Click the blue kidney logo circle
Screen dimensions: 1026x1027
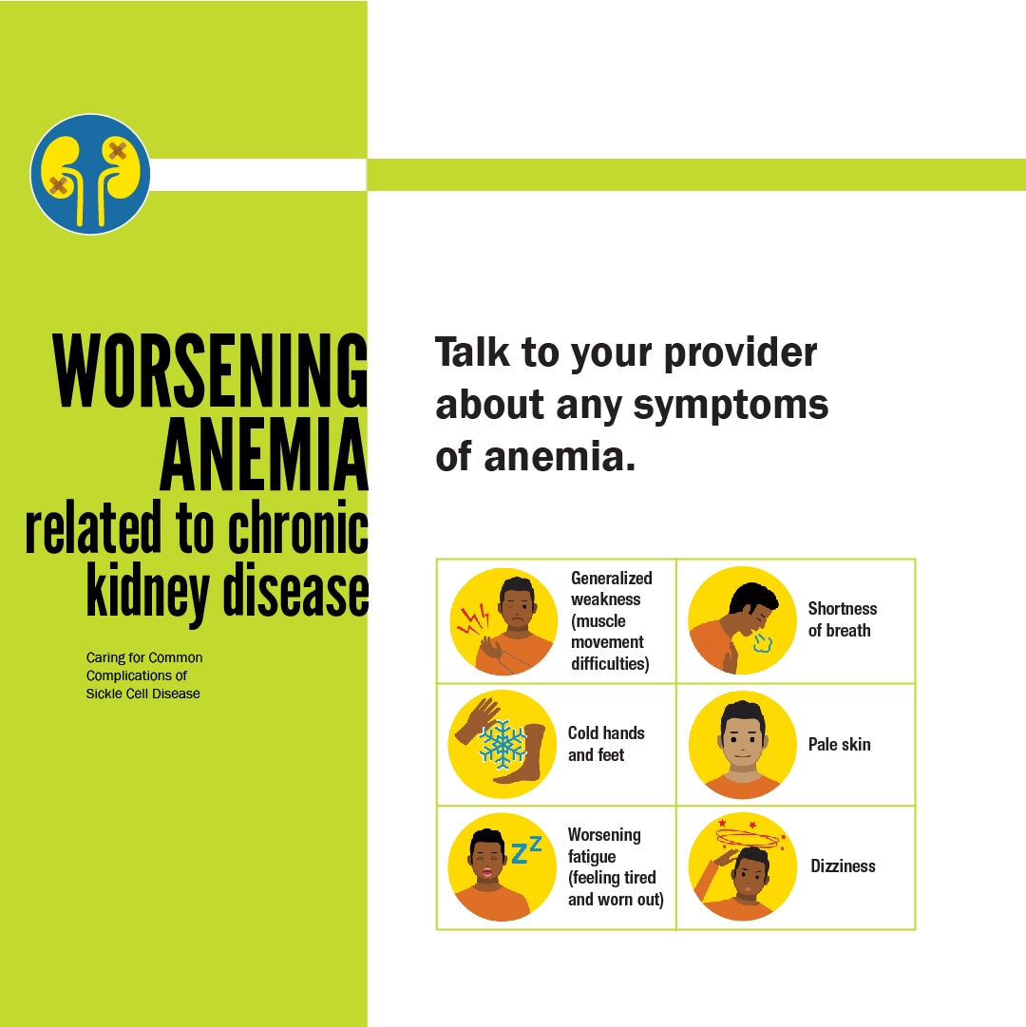(x=90, y=174)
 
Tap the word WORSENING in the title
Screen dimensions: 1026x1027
(x=210, y=371)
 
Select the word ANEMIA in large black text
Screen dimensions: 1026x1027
(x=264, y=454)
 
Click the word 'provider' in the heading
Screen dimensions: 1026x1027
(x=741, y=354)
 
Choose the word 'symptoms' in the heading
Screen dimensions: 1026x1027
(x=731, y=407)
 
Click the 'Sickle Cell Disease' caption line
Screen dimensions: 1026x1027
(x=142, y=694)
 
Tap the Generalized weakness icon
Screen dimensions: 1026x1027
(x=503, y=621)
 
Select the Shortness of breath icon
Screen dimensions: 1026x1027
(x=742, y=620)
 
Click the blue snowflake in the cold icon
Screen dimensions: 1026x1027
(x=503, y=744)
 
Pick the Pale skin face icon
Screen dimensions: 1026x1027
(x=743, y=745)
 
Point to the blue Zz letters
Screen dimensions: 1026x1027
(x=526, y=850)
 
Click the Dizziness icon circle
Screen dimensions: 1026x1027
(x=743, y=866)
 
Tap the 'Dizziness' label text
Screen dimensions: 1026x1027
(x=843, y=865)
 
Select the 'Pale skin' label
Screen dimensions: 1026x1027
(x=840, y=744)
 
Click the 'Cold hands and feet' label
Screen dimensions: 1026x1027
(x=606, y=743)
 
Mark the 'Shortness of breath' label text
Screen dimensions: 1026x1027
(x=843, y=618)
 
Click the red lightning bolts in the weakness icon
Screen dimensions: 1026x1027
(x=473, y=619)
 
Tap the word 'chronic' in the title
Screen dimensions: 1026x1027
(x=298, y=527)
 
